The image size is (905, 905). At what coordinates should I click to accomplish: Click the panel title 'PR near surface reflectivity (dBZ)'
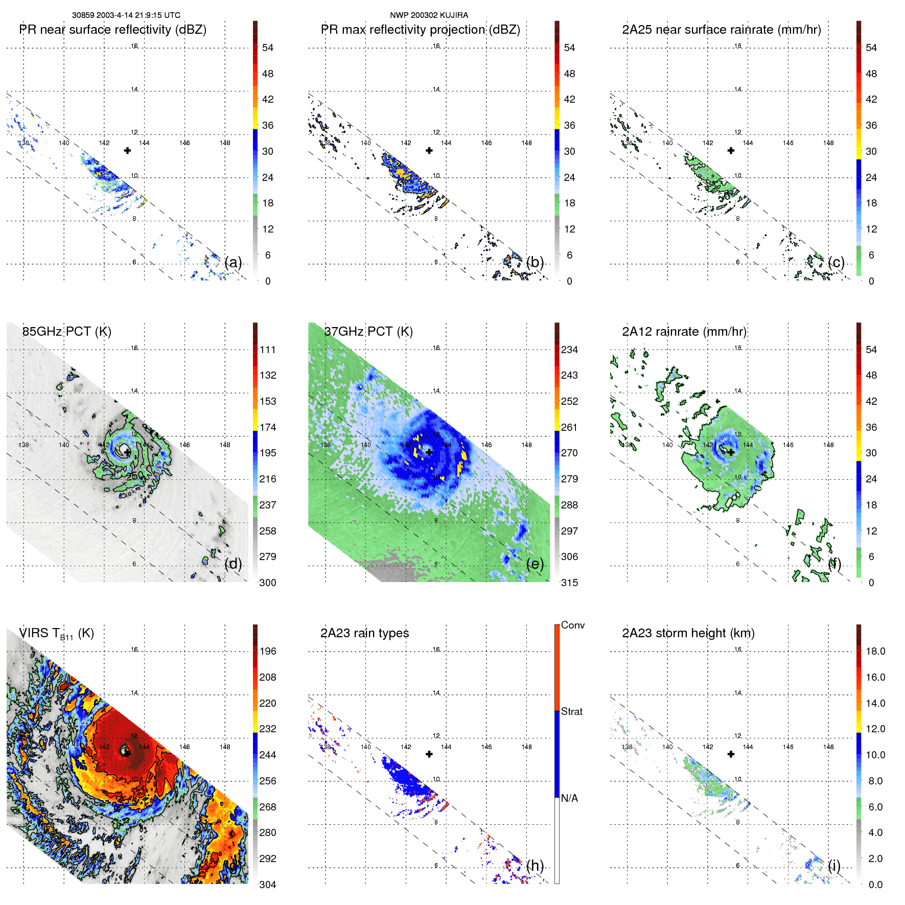[x=112, y=30]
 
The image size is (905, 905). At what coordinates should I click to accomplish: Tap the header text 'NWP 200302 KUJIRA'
[x=429, y=15]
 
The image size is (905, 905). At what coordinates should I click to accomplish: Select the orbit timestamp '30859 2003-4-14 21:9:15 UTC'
[x=126, y=15]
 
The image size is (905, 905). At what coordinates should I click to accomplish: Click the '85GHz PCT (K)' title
[x=66, y=332]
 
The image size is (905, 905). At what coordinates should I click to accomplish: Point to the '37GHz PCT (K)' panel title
[x=368, y=332]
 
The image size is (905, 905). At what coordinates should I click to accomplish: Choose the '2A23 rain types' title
[x=364, y=633]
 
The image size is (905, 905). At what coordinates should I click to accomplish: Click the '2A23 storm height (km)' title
[x=688, y=633]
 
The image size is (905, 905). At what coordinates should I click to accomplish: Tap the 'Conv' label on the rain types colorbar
[x=572, y=625]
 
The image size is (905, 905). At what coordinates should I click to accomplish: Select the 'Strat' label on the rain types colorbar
[x=571, y=711]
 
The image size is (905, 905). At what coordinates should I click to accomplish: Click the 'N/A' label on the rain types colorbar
[x=569, y=798]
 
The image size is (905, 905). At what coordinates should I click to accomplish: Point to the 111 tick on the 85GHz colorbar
[x=268, y=350]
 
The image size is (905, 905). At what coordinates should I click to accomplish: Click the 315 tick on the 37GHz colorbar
[x=569, y=583]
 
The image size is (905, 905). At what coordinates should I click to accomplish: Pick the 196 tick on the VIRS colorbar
[x=268, y=651]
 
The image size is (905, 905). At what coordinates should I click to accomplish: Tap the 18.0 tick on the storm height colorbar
[x=875, y=651]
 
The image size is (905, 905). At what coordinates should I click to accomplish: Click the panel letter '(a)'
[x=233, y=262]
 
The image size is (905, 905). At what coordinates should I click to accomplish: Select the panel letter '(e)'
[x=535, y=564]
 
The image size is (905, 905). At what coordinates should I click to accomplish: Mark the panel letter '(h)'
[x=535, y=865]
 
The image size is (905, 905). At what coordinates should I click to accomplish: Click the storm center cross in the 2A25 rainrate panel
[x=731, y=151]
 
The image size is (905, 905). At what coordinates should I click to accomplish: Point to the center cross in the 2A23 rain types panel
[x=429, y=754]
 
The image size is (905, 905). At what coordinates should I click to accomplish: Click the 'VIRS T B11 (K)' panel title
[x=56, y=634]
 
